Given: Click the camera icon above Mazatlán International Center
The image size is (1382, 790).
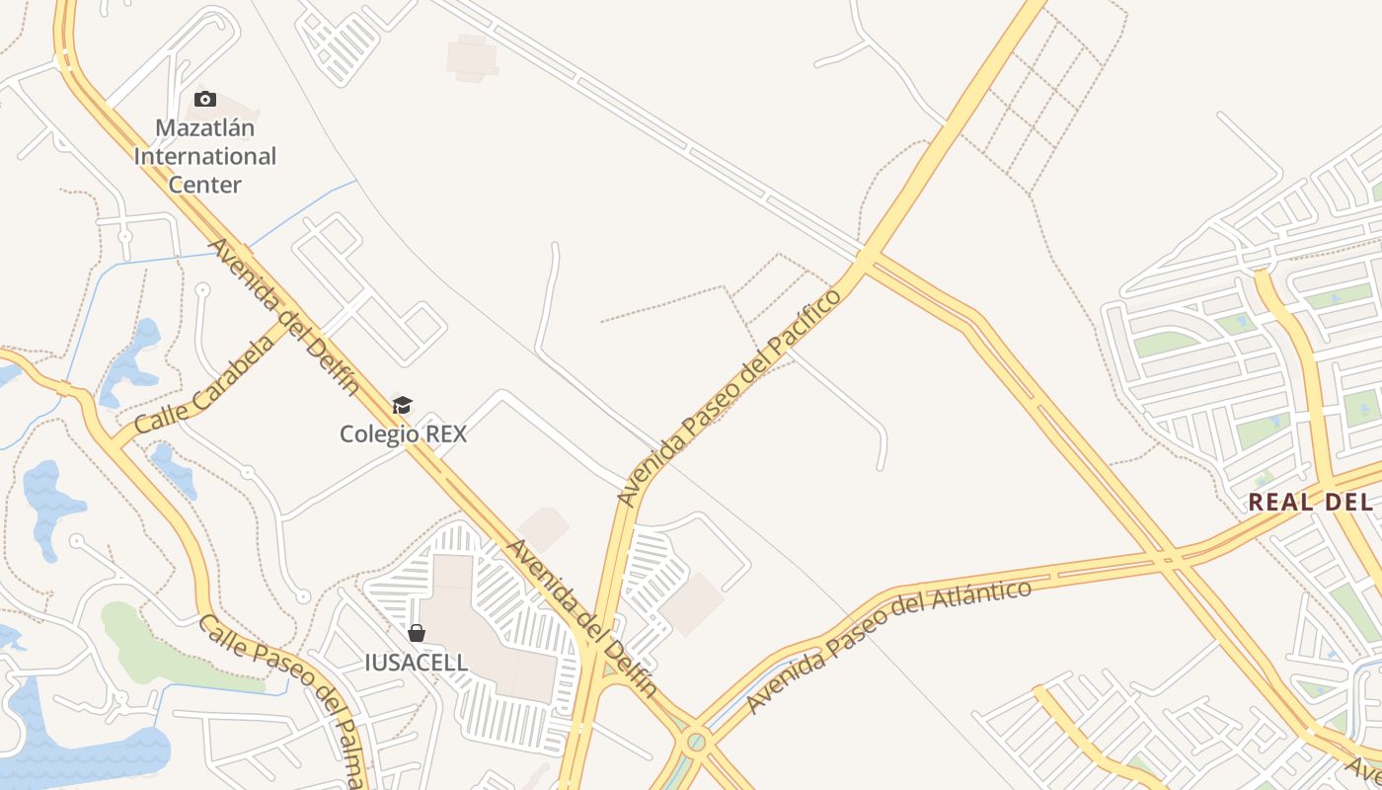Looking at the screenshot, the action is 205,99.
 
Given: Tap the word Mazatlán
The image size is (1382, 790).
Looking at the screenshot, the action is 205,128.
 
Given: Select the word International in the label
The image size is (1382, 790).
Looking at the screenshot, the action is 205,156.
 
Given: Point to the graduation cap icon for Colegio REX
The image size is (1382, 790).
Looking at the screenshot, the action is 402,405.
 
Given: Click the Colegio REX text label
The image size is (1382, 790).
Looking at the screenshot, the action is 403,434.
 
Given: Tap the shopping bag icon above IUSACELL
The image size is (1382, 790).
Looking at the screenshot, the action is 417,633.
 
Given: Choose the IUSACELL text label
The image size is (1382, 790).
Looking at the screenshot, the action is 417,662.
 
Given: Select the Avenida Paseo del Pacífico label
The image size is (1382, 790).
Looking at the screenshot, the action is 730,397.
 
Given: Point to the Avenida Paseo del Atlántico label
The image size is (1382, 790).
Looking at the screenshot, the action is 888,646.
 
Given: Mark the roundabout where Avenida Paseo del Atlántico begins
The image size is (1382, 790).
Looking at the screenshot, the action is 697,741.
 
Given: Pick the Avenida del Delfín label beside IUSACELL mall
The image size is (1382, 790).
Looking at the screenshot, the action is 582,618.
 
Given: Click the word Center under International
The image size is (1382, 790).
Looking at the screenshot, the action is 205,185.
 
